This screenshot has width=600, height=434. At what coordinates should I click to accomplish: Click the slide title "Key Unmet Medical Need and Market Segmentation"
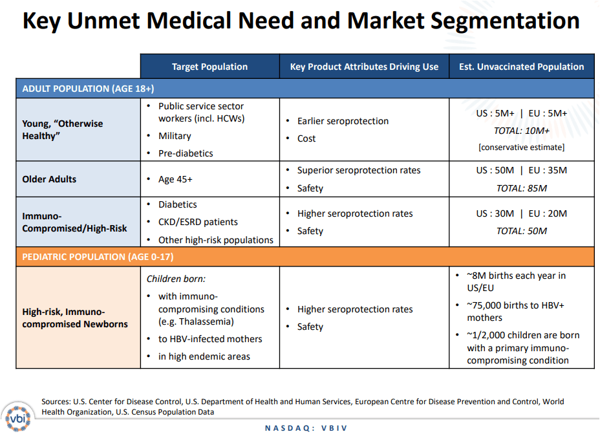coord(300,21)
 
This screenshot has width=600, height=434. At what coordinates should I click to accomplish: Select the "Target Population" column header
coord(209,67)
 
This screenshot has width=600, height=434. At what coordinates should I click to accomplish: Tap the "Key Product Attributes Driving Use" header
coord(364,67)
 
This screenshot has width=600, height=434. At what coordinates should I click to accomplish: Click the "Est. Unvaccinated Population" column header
coord(521,67)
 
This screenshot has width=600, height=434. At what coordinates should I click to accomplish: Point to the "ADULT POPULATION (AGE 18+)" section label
coord(88,89)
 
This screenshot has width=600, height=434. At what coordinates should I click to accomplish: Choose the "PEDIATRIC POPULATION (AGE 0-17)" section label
coord(98,257)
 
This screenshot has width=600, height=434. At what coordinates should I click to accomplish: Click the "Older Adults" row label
coord(49,179)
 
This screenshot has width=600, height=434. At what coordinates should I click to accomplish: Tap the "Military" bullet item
coord(175,136)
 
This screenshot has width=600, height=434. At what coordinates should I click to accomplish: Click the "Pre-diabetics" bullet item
coord(186,153)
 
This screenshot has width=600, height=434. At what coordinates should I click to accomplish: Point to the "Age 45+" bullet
coord(175,179)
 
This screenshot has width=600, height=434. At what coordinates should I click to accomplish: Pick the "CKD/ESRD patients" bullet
coord(198,222)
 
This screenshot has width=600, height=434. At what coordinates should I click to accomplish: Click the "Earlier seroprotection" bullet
coord(343,121)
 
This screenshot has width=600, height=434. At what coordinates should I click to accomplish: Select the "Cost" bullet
coord(306,138)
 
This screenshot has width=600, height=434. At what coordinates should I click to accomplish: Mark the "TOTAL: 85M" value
coord(521,188)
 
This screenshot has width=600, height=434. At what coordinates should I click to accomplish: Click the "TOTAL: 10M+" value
coord(521,131)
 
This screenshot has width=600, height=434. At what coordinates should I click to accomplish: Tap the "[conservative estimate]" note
coord(521,147)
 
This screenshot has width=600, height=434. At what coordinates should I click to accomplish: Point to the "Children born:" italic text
coord(176,279)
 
